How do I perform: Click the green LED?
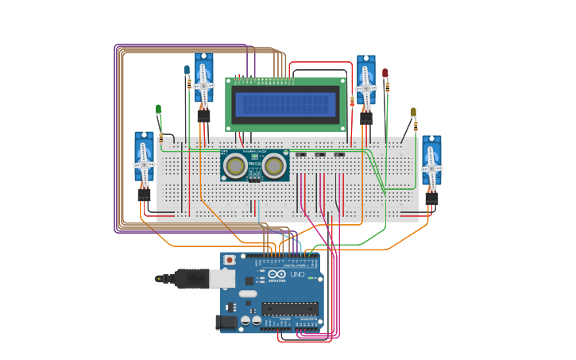158,109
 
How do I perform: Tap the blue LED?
187,70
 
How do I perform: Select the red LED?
385,73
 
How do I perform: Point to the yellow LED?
413,112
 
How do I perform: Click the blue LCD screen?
285,104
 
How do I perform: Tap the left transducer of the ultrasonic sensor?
234,165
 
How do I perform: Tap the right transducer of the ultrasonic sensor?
275,165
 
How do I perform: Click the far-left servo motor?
144,163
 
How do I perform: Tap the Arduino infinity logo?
276,274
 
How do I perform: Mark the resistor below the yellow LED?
415,126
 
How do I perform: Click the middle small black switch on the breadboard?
320,155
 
